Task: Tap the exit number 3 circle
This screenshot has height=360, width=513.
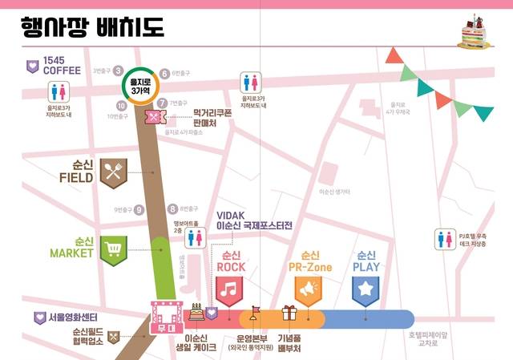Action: [118, 71]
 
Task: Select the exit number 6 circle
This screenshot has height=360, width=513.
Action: [164, 72]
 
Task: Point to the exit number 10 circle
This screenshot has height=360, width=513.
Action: [121, 106]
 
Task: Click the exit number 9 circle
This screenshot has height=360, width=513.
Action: [139, 210]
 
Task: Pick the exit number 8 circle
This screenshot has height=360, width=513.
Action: [172, 208]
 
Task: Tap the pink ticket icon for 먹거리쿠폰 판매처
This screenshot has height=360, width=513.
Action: [153, 118]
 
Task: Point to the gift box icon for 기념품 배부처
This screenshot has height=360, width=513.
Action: [289, 313]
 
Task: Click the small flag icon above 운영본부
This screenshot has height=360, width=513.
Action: [256, 310]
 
